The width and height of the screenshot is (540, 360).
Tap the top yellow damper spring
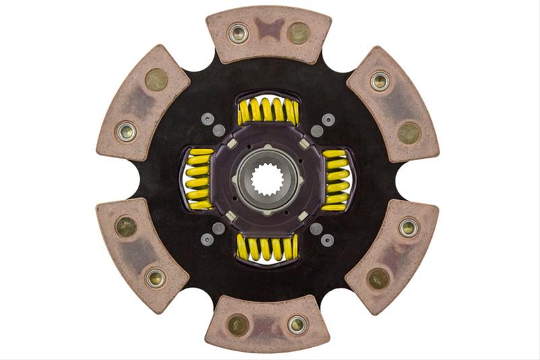pos(268,110)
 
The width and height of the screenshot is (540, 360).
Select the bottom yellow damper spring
pos(268,248)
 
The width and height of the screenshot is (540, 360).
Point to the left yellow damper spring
pos(197,178)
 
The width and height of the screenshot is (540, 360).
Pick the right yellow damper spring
pos(337,180)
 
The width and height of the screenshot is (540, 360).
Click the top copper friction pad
pos(269,34)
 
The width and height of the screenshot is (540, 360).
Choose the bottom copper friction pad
pos(268,324)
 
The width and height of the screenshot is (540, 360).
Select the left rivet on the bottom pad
pos(238,325)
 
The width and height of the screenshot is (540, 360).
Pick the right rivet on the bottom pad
pos(298,325)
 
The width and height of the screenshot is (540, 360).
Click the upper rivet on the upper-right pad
pos(380,81)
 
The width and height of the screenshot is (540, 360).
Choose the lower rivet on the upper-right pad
pos(409,132)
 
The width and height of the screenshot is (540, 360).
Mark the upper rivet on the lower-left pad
pos(126,226)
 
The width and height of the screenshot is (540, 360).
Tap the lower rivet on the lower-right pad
pos(379,278)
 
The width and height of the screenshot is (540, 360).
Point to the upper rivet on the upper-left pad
pos(157,80)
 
